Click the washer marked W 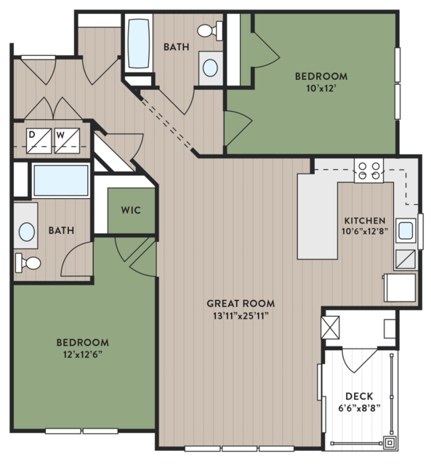coord(67,141)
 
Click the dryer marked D coord(39,141)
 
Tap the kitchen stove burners coord(368,171)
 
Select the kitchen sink coord(406,230)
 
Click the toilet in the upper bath coord(210,30)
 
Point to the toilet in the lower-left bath coord(28,263)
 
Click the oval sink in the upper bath coord(210,68)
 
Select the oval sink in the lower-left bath coord(27,232)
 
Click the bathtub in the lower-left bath coord(61,181)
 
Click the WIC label coord(131,211)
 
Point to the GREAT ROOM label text coord(241,304)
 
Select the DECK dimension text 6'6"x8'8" coord(359,408)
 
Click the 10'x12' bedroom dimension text coord(321,89)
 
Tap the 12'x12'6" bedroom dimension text coord(83,354)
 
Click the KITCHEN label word coord(365,221)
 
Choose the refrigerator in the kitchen coord(400,288)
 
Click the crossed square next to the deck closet coord(330,327)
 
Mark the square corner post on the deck coord(390,443)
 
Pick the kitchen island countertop coord(318,216)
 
